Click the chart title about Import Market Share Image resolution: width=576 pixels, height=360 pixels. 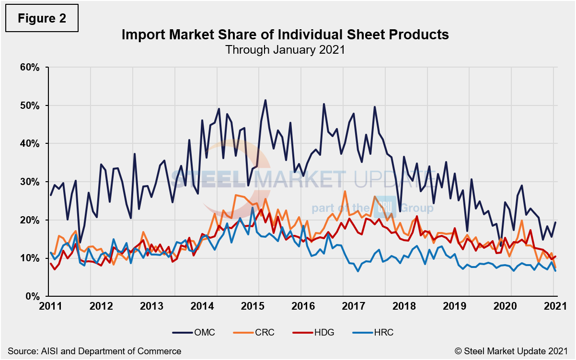click(285, 35)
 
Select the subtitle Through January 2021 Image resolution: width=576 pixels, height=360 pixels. click(285, 49)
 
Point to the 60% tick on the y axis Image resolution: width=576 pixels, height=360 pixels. click(31, 67)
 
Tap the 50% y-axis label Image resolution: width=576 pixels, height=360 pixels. click(31, 105)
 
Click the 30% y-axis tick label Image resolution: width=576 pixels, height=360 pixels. click(31, 182)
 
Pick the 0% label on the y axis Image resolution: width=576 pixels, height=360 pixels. click(33, 297)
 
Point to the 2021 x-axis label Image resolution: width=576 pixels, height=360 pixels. click(554, 306)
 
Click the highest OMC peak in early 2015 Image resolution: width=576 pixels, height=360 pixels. click(265, 100)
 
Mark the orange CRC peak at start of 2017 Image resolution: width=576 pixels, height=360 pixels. click(345, 191)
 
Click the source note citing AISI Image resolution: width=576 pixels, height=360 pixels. click(94, 351)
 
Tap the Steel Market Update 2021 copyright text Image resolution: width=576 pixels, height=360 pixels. click(515, 351)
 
